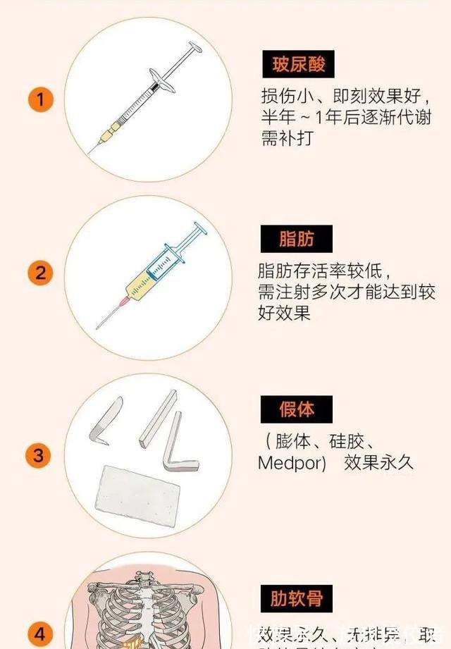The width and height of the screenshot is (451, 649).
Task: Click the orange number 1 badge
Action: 40,99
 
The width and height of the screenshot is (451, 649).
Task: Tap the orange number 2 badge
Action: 40,273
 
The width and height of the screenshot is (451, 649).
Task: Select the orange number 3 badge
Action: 40,455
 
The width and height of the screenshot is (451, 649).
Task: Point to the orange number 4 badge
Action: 40,632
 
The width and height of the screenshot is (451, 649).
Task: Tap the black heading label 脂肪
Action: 296,239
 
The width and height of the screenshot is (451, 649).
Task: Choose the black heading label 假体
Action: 296,409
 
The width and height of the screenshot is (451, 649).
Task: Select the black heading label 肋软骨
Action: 296,598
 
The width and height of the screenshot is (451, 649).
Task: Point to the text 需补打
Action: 285,139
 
